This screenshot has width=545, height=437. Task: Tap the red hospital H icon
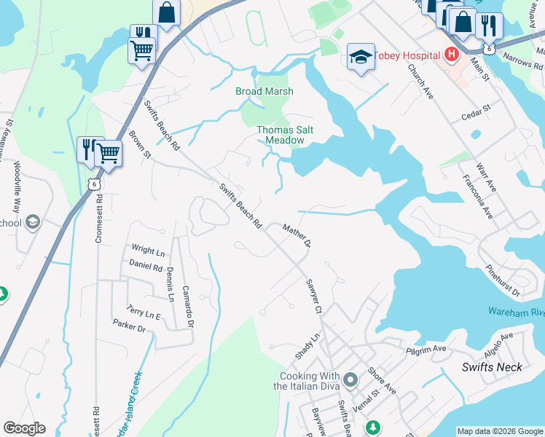[x=452, y=55]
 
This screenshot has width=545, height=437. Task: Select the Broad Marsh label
[x=264, y=91]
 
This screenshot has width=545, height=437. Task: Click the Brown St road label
[x=140, y=144]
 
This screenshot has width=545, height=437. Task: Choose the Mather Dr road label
[x=297, y=235]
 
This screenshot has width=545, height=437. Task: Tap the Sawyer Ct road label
[x=313, y=296]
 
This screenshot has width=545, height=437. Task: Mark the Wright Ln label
[x=148, y=251]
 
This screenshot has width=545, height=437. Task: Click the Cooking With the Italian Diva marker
[x=351, y=379]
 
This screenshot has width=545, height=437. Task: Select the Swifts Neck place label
[x=492, y=367]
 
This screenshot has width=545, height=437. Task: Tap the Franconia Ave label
[x=477, y=196]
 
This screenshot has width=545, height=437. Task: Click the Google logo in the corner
[x=24, y=428]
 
